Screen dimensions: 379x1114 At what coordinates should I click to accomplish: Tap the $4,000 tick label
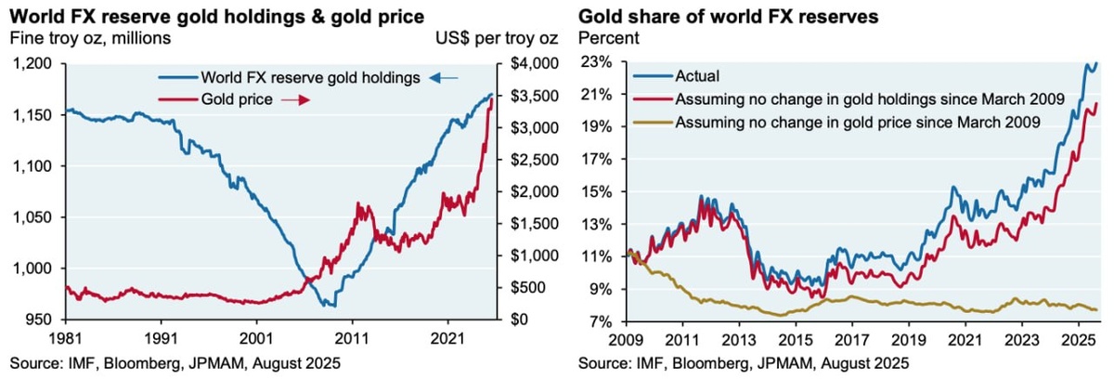(532, 63)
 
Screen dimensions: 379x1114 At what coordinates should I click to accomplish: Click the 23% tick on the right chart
(597, 62)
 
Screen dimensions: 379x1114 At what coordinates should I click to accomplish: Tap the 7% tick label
(601, 321)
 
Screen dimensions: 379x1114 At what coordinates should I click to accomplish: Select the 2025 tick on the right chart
(1078, 339)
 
